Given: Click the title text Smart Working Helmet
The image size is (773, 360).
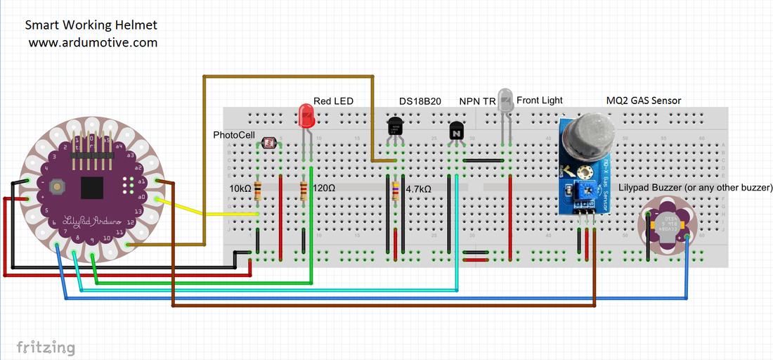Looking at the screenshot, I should coord(91,25).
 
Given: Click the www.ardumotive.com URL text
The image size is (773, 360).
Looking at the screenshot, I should coord(93,43).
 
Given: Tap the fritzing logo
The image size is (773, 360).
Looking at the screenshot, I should coord(46,347).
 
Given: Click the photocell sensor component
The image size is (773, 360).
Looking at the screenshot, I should coord(268,143).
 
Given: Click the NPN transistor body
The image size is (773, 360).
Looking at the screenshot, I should coord(457,131).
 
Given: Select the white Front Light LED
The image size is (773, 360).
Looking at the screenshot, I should coord(505,99).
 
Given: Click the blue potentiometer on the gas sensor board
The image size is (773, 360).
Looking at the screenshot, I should coord(582,188).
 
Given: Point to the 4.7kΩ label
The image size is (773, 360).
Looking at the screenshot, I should coord(419,188).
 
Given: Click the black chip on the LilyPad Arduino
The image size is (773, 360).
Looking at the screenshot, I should coord(93,188).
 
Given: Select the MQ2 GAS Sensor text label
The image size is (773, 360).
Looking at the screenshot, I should coord(643,101).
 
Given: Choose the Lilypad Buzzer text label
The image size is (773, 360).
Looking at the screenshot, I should coord(696,188).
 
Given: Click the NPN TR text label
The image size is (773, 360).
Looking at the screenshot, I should coord(477,101).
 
